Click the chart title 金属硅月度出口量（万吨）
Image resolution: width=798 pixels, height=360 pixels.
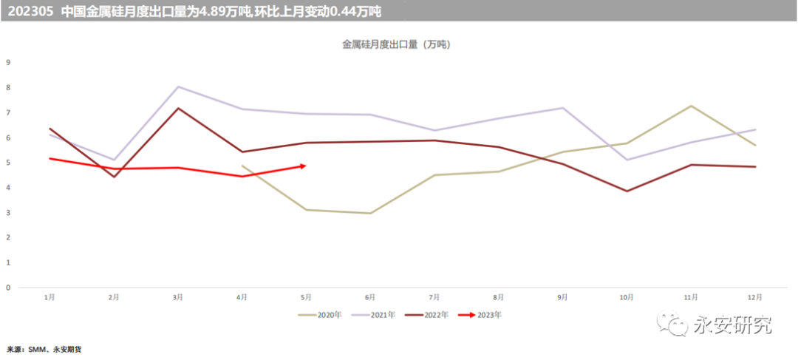(396, 45)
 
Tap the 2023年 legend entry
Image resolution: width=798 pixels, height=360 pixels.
(489, 314)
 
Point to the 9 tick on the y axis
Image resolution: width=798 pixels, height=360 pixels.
(8, 62)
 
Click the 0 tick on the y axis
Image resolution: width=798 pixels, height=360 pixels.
(8, 288)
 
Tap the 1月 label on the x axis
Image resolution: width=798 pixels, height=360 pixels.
(49, 297)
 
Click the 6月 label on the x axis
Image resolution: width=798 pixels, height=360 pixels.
(369, 297)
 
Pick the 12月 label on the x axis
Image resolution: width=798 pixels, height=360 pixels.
(755, 297)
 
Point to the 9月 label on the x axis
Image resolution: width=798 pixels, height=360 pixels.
(562, 297)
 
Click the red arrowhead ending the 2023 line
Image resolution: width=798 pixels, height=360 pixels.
(302, 166)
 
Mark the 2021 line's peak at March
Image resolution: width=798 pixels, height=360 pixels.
(177, 86)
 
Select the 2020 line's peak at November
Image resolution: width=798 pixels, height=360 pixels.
(691, 106)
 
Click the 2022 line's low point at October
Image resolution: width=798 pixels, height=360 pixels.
(627, 191)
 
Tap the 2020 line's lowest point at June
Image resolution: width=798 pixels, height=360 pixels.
(369, 213)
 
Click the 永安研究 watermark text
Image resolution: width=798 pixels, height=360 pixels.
(731, 325)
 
